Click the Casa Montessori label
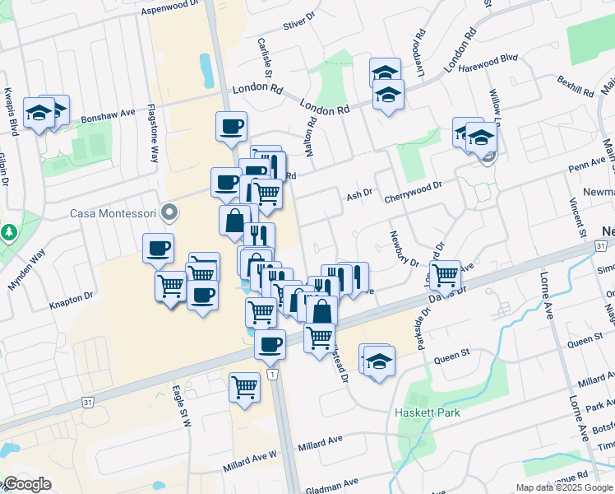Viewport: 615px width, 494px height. (113, 213)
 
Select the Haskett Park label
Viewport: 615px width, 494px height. (427, 412)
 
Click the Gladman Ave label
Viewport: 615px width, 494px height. (332, 485)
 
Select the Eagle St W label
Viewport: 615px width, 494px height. (181, 404)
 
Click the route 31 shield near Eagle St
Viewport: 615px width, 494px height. (86, 402)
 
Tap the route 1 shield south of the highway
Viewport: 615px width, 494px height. (271, 375)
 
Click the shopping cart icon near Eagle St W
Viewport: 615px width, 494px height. (244, 386)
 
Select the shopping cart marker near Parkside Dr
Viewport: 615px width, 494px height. (445, 275)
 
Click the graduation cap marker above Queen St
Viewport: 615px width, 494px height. (379, 361)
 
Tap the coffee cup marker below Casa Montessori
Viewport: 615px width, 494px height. (158, 247)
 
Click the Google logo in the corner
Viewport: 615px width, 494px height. (27, 483)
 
